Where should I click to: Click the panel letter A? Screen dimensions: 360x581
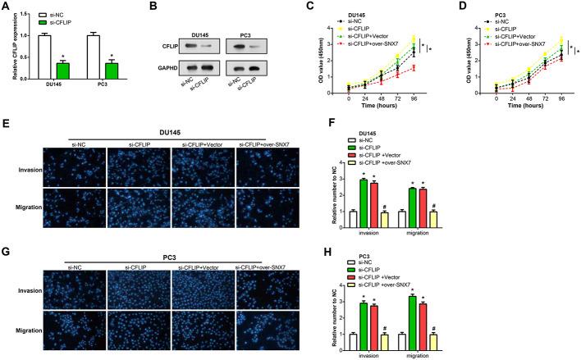tap(6, 7)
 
